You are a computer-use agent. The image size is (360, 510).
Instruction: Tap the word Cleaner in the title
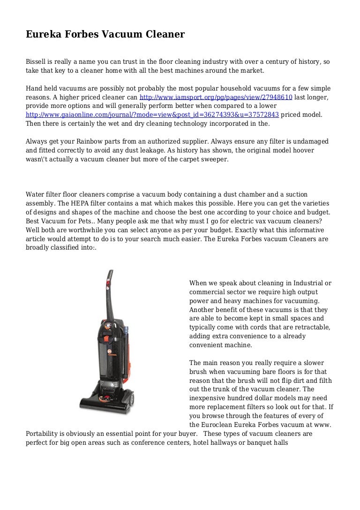(164, 34)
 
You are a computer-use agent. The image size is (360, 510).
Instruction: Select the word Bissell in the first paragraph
(36, 62)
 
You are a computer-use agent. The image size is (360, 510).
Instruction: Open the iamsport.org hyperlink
(216, 97)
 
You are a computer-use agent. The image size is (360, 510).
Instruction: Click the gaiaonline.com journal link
(152, 115)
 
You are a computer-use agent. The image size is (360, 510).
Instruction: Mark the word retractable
(313, 327)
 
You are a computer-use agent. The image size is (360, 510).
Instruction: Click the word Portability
(44, 433)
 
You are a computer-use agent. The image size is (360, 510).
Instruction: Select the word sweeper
(213, 159)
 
